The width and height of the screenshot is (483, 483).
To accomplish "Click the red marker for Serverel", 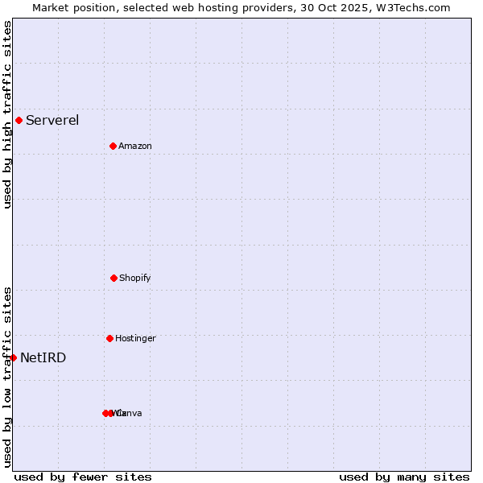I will (x=19, y=121).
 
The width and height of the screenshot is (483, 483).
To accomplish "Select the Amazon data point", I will (x=113, y=146).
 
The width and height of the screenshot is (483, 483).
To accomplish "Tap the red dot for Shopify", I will (x=114, y=278).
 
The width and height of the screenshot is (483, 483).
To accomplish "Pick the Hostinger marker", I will (x=109, y=338).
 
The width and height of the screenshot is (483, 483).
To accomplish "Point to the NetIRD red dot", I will (x=13, y=357).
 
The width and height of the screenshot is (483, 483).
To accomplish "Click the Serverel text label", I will (x=52, y=121).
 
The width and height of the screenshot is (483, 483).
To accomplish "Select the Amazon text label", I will (x=135, y=146).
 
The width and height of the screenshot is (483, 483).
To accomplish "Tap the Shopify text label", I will (x=135, y=278).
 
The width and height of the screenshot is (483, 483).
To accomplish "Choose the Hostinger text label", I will (x=135, y=338).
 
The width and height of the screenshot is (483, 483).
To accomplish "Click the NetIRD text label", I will (x=43, y=357).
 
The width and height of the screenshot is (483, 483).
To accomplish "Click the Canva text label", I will (x=130, y=413).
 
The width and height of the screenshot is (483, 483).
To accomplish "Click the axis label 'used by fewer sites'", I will (x=83, y=477).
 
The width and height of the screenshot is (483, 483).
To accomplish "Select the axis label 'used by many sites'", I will (x=404, y=477).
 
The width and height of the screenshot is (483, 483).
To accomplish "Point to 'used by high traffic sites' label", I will (x=7, y=114).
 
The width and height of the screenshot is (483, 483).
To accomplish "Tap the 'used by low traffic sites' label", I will (x=7, y=377).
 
